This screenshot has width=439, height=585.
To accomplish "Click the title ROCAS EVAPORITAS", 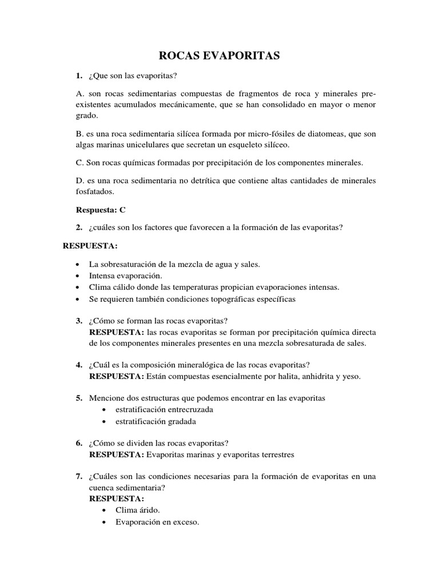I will click(x=219, y=55).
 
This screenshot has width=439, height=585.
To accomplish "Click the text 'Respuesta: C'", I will click(x=101, y=210).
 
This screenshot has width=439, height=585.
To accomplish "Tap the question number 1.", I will click(x=79, y=76).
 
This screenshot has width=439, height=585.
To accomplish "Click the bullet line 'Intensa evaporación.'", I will click(x=122, y=276).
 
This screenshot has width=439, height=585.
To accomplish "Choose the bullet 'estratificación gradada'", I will click(x=155, y=422).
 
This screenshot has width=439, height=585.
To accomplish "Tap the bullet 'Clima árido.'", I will click(x=138, y=510).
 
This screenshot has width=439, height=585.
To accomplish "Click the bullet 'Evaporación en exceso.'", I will click(x=157, y=522).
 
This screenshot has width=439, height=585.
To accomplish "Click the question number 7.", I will click(x=79, y=476).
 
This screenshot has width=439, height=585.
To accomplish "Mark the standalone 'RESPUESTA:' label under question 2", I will click(x=90, y=246).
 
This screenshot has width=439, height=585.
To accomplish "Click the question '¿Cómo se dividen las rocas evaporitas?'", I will click(x=159, y=443).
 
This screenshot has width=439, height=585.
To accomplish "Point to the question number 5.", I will click(x=79, y=398).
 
